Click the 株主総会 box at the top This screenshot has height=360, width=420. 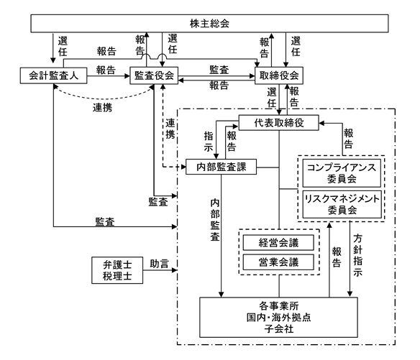coord(209,24)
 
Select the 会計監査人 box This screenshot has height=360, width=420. coord(53,75)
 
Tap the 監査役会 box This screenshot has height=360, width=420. coord(154,75)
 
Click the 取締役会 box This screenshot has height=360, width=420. coord(279,75)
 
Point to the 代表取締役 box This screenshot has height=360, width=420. coord(279,123)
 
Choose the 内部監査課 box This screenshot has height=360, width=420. coord(222,167)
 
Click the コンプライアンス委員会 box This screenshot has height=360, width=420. coord(342,173)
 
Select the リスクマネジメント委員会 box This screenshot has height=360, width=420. coord(342,204)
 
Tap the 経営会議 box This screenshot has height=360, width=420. coord(278,242)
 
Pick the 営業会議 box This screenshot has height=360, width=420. coord(278,262)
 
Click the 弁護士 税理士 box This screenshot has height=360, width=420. coord(117,270)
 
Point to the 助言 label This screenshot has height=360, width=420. coord(160,264)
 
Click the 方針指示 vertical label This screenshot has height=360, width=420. coord(358,255)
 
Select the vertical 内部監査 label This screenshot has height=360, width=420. coord(215,220)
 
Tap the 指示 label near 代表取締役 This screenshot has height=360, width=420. coord(209,142)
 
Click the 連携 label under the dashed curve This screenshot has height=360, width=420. coord(102,108)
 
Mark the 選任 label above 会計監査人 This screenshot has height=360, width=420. coord(63,46)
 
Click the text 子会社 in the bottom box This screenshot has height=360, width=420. coord(279,328)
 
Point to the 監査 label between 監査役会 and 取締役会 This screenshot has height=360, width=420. coord(219,70)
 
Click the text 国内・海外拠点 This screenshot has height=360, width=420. coord(279,317)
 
